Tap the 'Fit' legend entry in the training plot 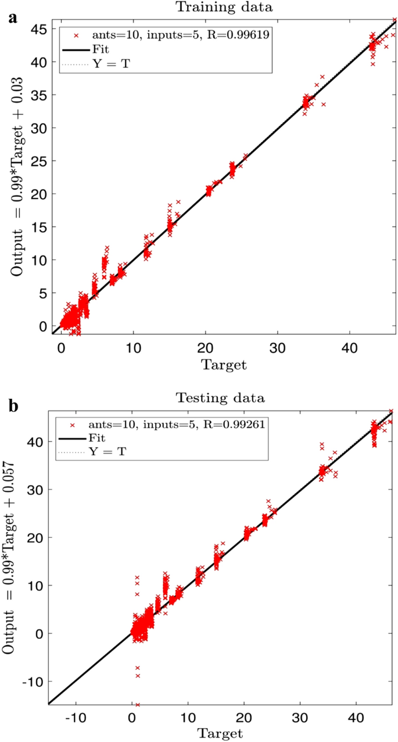[x=102, y=49]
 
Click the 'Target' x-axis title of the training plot [x=224, y=365]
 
